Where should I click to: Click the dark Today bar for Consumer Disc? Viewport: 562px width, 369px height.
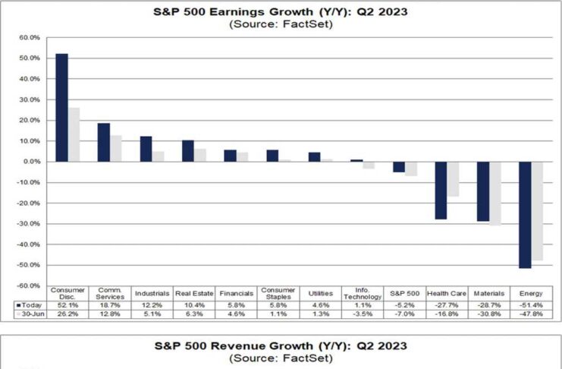pyautogui.click(x=62, y=108)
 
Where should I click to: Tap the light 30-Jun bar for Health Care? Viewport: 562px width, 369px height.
pyautogui.click(x=453, y=179)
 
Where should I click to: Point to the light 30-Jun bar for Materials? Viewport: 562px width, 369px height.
pyautogui.click(x=494, y=194)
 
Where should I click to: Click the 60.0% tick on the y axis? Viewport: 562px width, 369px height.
pyautogui.click(x=29, y=37)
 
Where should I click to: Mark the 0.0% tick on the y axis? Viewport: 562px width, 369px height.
pyautogui.click(x=30, y=162)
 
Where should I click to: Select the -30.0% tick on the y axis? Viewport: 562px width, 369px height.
pyautogui.click(x=29, y=224)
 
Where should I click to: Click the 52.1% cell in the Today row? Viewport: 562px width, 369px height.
pyautogui.click(x=68, y=304)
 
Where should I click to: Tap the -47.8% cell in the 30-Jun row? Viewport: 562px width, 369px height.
pyautogui.click(x=530, y=314)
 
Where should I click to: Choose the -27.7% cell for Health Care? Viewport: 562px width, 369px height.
pyautogui.click(x=446, y=304)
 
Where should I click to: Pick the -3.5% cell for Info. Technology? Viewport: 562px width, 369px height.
pyautogui.click(x=363, y=314)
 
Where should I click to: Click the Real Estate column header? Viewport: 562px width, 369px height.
pyautogui.click(x=194, y=293)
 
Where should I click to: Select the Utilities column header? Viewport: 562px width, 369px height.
pyautogui.click(x=320, y=293)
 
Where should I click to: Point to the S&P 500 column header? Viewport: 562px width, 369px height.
pyautogui.click(x=404, y=293)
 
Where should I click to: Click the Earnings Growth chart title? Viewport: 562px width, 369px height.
pyautogui.click(x=281, y=12)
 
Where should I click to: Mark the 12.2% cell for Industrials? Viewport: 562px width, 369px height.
pyautogui.click(x=152, y=304)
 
